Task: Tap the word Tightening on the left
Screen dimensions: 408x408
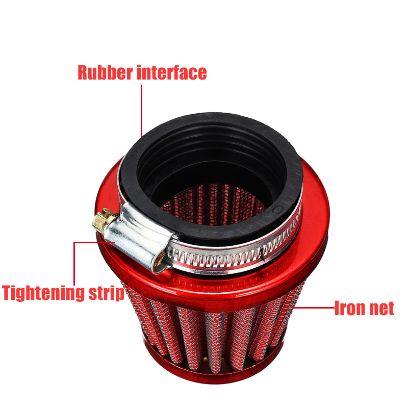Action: point(43,294)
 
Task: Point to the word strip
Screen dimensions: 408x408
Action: point(105,294)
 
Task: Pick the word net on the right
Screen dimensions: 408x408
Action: point(381,308)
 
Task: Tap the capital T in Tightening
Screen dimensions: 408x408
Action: point(8,294)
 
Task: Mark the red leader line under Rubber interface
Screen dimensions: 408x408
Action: point(141,110)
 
